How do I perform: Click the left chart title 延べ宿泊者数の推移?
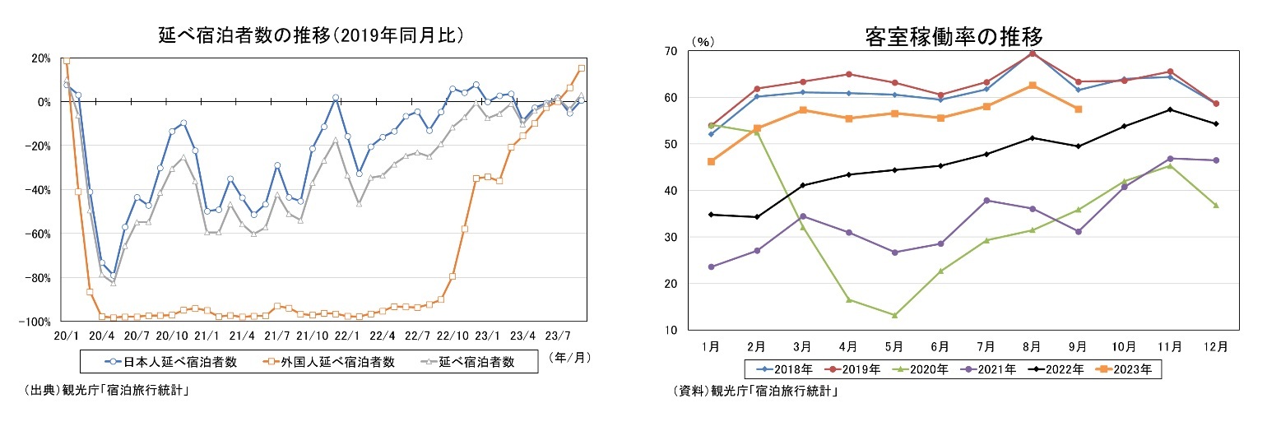pos(312,35)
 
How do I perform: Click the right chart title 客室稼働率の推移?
pos(954,37)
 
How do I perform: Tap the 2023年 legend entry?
pos(1129,370)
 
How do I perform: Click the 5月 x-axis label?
pos(894,347)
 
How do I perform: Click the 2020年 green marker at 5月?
pos(894,315)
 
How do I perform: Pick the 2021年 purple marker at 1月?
pos(711,266)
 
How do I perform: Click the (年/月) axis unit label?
pos(569,358)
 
